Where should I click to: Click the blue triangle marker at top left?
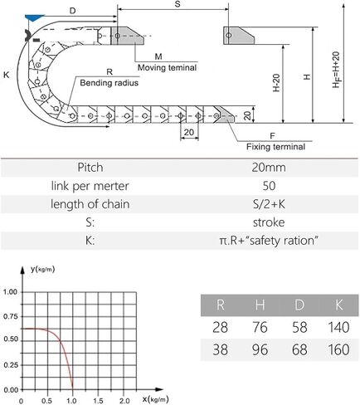34,17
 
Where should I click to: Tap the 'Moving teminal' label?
167,68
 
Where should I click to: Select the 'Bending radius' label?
109,83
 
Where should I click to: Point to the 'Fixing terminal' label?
275,147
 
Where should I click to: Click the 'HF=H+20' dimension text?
337,70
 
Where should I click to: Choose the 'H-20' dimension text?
276,83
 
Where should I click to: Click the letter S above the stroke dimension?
178,4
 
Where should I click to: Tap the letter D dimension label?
72,11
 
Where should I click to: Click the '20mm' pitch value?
269,168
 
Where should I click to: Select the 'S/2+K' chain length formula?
269,204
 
